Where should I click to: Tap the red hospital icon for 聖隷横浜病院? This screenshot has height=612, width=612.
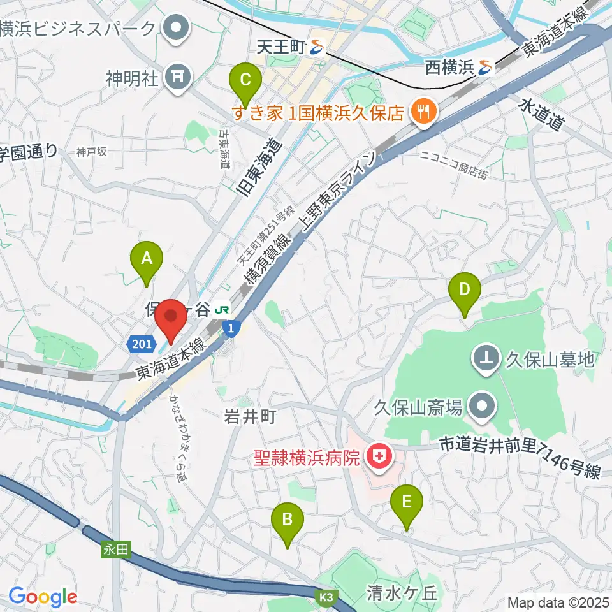pos(380,457)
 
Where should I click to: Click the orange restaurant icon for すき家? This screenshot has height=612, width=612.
pos(421,113)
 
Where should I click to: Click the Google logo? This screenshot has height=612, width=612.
pos(43,597)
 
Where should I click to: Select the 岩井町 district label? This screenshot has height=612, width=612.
pos(250,417)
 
